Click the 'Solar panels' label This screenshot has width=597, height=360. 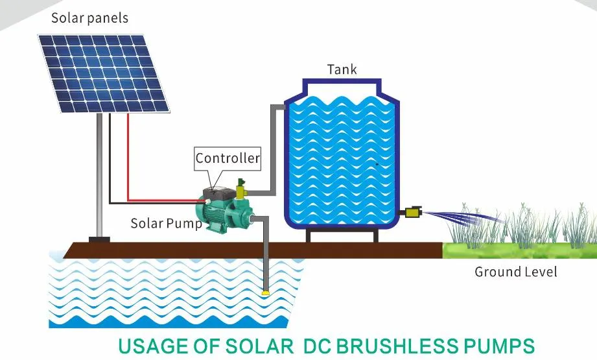pos(89,18)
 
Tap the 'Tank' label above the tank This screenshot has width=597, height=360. pos(342,69)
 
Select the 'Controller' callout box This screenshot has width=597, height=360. pos(228,158)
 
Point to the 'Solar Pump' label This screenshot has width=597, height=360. pos(166,223)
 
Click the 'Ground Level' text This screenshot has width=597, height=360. pos(515,271)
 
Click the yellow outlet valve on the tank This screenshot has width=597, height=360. pos(412,212)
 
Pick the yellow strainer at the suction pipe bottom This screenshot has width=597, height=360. pos(265,294)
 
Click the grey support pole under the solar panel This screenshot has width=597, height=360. pos(99,175)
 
